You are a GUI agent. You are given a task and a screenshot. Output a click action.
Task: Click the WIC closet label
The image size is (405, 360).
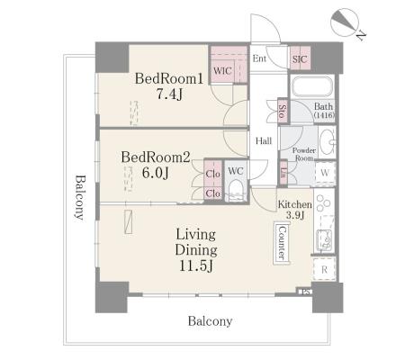tap(222, 71)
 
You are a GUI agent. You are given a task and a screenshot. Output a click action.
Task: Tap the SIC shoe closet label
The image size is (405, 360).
tap(300, 59)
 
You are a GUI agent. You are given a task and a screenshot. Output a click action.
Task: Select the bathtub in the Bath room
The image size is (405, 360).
tap(312, 86)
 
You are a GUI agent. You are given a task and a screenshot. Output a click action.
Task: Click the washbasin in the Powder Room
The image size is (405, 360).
tap(327, 141)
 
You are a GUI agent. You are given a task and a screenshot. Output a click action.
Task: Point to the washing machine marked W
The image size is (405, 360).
tap(325, 173)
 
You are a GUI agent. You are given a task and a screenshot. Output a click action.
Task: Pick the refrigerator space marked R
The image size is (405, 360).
tap(324, 269)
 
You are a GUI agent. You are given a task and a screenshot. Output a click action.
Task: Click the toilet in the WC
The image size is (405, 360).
tap(236, 190)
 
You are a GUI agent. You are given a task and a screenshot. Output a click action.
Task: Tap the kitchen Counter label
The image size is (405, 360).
tap(282, 242)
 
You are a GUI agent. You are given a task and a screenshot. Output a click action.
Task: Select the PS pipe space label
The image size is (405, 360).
tap(305, 292)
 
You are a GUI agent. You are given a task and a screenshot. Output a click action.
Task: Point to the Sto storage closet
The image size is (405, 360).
tap(283, 111)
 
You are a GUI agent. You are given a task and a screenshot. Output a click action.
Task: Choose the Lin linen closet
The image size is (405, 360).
tap(283, 173)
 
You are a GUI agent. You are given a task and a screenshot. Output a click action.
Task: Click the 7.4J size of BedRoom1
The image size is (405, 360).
tap(169, 94)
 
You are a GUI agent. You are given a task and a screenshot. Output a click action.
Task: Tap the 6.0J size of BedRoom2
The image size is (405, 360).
tap(156, 173)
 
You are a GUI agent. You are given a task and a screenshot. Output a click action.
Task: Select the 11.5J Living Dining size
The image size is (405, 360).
tap(196, 265)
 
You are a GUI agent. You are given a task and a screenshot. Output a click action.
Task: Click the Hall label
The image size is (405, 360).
tap(264, 140)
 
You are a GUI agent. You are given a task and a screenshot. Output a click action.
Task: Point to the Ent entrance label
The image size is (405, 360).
tap(259, 58)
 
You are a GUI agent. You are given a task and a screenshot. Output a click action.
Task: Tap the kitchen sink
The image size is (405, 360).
tap(323, 239)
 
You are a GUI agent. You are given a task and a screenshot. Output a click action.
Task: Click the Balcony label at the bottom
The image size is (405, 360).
tap(210, 321)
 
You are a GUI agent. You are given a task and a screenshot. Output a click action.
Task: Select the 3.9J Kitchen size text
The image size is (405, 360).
tap(295, 215)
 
